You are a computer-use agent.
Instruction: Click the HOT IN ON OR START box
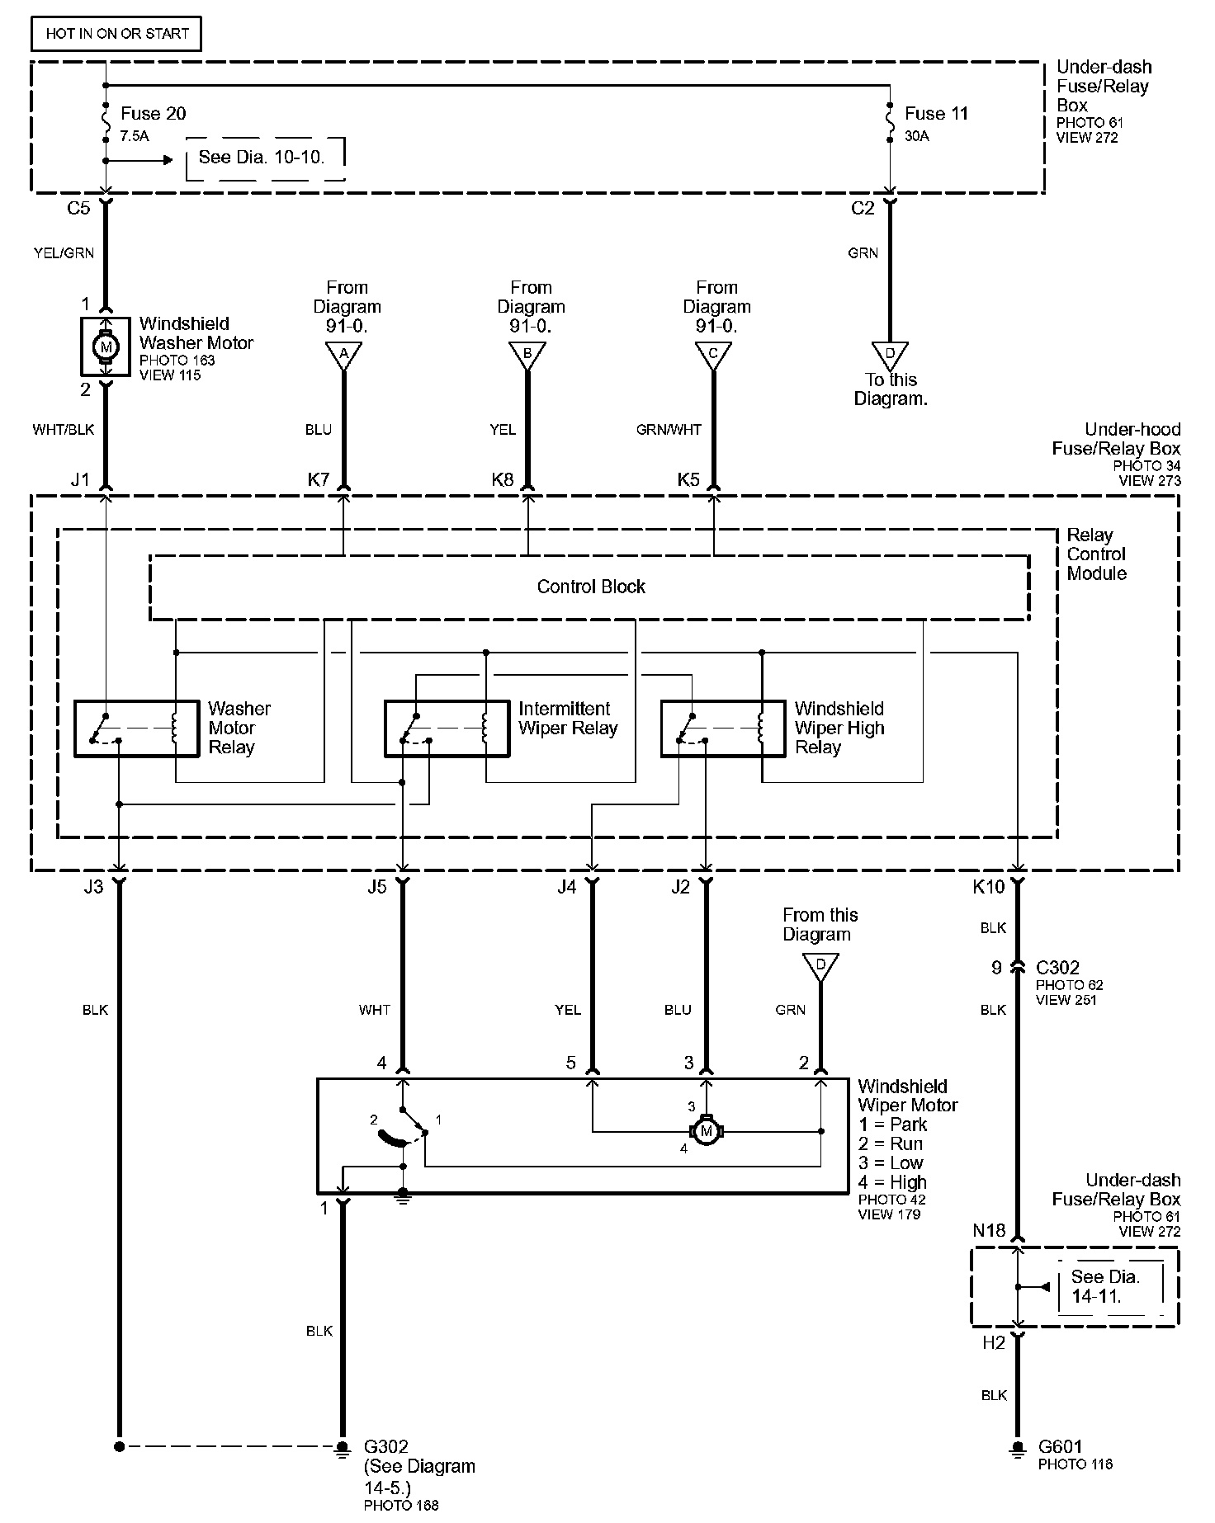click(116, 34)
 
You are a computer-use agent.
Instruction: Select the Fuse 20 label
click(153, 114)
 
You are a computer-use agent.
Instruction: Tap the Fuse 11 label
click(936, 114)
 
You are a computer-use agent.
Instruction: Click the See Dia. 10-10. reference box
click(262, 158)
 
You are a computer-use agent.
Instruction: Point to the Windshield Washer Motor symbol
click(105, 347)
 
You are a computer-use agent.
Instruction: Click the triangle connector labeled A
click(343, 356)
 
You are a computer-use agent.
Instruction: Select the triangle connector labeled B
click(527, 356)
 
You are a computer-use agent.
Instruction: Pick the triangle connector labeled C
click(713, 356)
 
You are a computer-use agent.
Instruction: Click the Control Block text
click(591, 587)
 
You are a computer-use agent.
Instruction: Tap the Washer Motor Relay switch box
click(137, 728)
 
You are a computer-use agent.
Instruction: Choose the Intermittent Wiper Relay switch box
click(447, 728)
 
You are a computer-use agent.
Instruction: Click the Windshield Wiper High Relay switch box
click(723, 728)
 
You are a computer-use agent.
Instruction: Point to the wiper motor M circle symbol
click(706, 1131)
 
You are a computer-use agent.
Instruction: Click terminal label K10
click(988, 887)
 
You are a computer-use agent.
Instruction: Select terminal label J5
click(376, 887)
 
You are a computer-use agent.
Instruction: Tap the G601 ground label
click(1060, 1446)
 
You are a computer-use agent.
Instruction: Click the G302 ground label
click(386, 1447)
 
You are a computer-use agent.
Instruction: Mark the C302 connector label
click(1057, 967)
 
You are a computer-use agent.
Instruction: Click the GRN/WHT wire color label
click(669, 430)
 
